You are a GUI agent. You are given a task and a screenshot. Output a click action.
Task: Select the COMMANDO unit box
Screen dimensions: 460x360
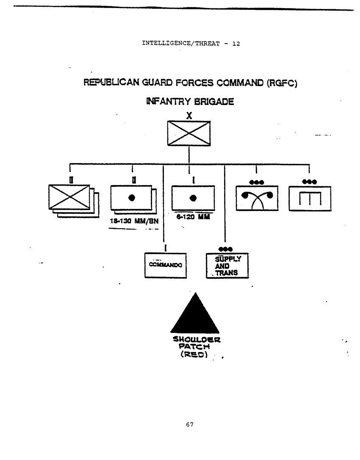[x=166, y=266]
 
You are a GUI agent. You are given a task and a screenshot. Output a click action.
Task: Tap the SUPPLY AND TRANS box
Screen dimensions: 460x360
[x=227, y=266]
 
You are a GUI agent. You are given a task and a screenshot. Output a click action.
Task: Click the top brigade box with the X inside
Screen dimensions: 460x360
[x=189, y=133]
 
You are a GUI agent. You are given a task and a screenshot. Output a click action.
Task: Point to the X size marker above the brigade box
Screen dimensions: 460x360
[x=189, y=115]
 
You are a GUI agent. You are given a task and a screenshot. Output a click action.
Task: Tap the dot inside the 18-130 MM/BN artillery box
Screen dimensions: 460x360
[x=132, y=197]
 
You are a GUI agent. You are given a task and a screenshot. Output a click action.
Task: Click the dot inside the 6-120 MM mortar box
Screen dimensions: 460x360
[x=194, y=197]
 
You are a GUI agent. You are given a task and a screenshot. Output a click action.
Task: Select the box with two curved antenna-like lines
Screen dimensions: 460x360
[x=257, y=198]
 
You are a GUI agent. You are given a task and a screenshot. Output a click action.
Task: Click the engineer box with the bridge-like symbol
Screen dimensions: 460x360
[x=310, y=198]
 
